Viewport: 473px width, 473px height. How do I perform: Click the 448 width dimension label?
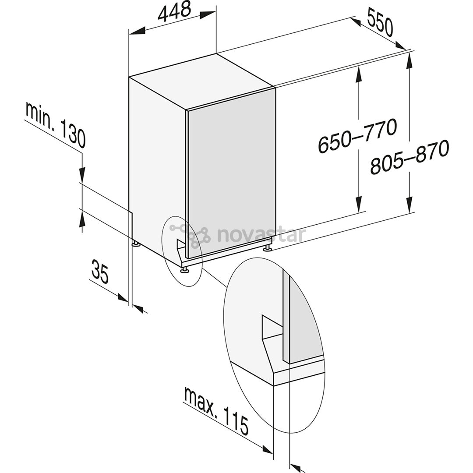click(175, 11)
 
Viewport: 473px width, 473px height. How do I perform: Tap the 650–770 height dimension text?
click(357, 135)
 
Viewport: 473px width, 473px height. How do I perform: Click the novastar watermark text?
click(261, 235)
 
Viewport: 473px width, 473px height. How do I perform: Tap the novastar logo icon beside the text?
click(190, 236)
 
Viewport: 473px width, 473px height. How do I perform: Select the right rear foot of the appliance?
click(267, 248)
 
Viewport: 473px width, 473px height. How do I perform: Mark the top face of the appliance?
click(202, 82)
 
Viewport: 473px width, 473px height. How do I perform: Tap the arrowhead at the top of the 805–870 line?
click(409, 62)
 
